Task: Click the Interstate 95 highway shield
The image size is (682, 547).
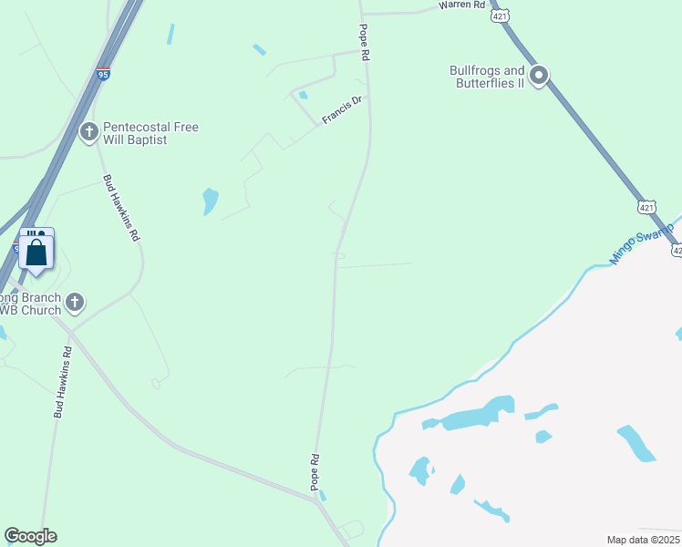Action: coord(105,72)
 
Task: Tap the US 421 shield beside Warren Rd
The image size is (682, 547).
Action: coord(499,15)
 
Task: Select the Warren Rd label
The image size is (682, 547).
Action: coord(461,5)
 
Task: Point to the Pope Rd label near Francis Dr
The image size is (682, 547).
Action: coord(365,43)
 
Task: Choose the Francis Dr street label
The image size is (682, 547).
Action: coord(342,110)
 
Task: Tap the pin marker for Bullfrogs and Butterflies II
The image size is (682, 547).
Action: coord(539,76)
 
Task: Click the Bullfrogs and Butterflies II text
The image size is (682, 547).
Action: coord(488,77)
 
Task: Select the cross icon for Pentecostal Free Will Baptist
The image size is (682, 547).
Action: coord(89,133)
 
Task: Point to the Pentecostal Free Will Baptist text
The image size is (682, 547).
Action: coord(150,134)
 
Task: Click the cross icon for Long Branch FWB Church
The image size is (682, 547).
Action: coord(76,301)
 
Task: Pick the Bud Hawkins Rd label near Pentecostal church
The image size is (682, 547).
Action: coord(121,207)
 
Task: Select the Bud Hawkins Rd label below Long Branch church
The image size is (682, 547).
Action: coord(63,382)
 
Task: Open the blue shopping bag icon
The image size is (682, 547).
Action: coord(36,253)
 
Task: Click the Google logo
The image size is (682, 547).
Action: coord(30,536)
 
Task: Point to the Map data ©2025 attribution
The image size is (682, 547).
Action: coord(643,540)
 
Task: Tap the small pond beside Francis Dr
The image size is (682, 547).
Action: coord(303,95)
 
